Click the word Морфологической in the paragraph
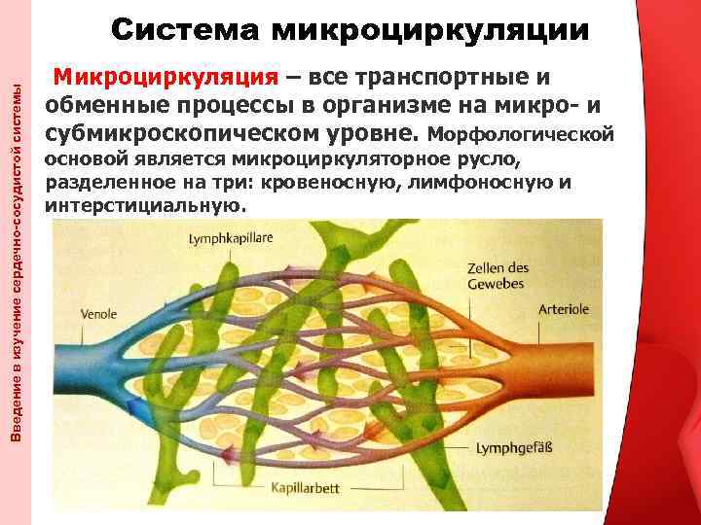click(x=530, y=131)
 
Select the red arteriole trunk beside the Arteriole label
click(x=574, y=345)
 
